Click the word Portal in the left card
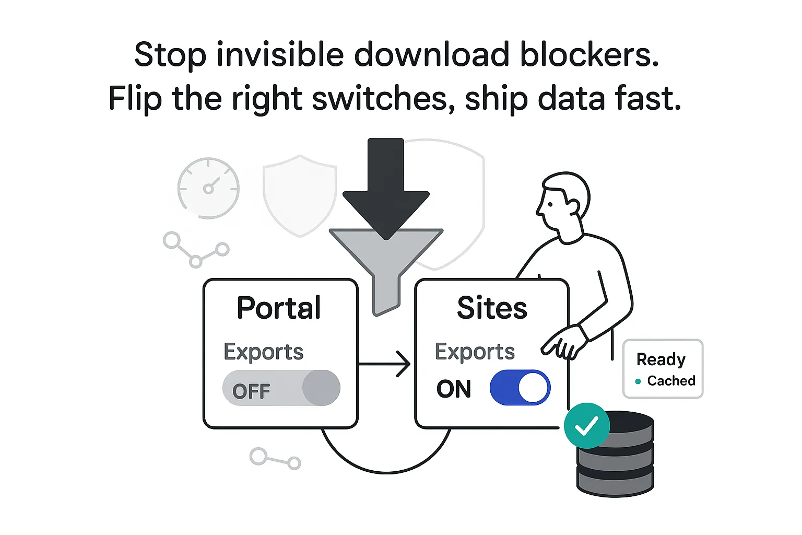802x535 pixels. (x=279, y=308)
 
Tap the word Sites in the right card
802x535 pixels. (x=492, y=308)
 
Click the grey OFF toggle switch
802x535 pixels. (x=281, y=388)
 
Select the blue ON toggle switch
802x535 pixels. (x=520, y=388)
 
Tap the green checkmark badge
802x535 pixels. (x=587, y=426)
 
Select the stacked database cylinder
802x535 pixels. (x=616, y=460)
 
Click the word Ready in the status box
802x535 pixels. (x=661, y=359)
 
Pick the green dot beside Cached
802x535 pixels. (x=638, y=381)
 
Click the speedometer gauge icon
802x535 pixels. (x=208, y=188)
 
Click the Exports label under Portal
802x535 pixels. (x=263, y=352)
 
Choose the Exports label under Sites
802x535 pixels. (x=475, y=352)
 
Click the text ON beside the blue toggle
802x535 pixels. (x=454, y=389)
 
